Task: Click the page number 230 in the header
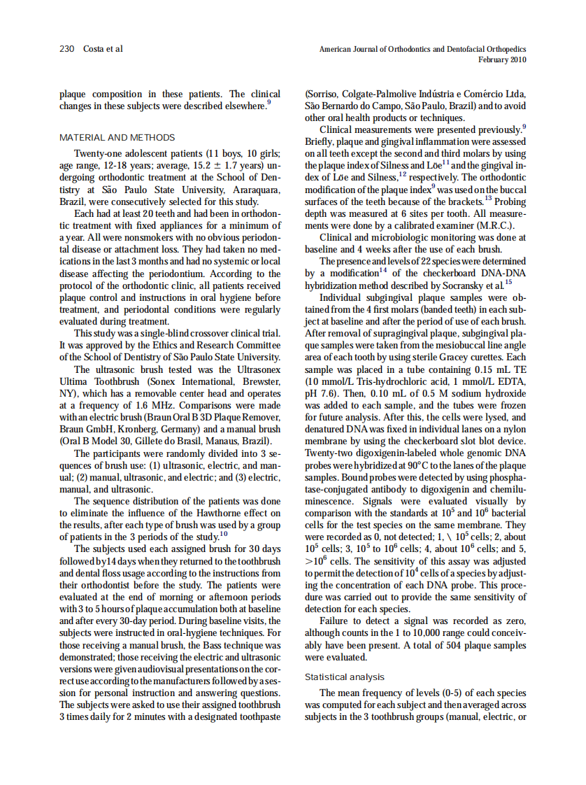(67, 49)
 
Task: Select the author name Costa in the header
(95, 49)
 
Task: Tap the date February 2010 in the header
(502, 59)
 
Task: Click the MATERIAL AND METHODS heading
(117, 137)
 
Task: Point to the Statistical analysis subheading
(344, 677)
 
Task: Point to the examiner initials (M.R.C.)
(491, 225)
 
